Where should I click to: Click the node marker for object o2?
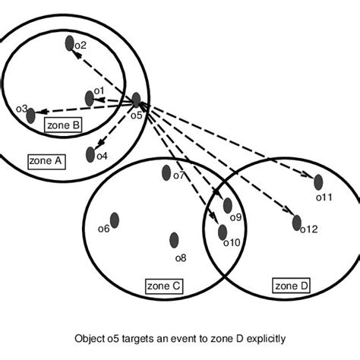pyautogui.click(x=69, y=44)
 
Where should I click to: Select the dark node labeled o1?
pyautogui.click(x=90, y=97)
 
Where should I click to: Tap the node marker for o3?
pyautogui.click(x=30, y=115)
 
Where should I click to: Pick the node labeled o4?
pyautogui.click(x=91, y=154)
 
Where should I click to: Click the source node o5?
pyautogui.click(x=136, y=99)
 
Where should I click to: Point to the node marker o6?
pyautogui.click(x=115, y=220)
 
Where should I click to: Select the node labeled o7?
pyautogui.click(x=166, y=173)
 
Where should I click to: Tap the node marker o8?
pyautogui.click(x=174, y=240)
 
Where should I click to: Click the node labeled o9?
pyautogui.click(x=227, y=205)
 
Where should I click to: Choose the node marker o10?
pyautogui.click(x=223, y=232)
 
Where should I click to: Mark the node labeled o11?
pyautogui.click(x=318, y=182)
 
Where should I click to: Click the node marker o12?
pyautogui.click(x=297, y=223)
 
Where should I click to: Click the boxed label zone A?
pyautogui.click(x=47, y=161)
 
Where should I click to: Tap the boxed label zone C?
pyautogui.click(x=163, y=286)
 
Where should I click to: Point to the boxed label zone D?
pyautogui.click(x=292, y=286)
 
